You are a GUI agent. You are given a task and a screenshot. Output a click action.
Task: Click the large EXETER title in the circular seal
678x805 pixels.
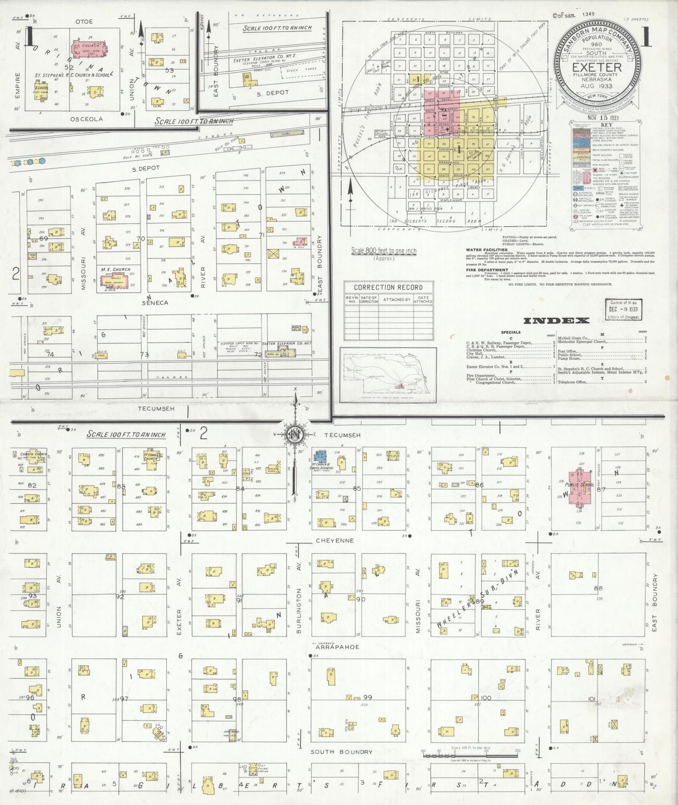(x=596, y=67)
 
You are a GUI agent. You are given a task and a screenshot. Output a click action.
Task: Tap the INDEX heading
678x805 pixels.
(x=556, y=321)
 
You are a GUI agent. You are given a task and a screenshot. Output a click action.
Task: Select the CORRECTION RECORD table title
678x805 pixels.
(x=388, y=287)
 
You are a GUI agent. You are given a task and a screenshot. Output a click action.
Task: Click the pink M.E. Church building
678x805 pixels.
(x=114, y=280)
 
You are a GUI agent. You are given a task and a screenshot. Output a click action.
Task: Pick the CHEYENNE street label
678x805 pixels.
(x=335, y=541)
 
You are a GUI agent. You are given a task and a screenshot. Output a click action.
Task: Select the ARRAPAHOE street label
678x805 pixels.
(x=337, y=647)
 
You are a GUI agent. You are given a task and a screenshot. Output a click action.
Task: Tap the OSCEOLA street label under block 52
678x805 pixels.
(x=86, y=119)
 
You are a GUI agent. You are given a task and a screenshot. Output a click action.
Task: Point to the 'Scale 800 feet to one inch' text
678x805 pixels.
(x=384, y=251)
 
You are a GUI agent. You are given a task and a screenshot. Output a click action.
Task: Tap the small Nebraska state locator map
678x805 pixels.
(x=388, y=375)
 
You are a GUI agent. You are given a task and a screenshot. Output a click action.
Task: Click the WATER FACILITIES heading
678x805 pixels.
(x=487, y=250)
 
